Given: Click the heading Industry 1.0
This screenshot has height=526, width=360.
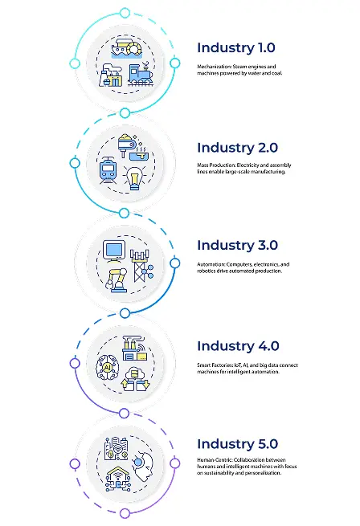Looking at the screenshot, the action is (236, 48).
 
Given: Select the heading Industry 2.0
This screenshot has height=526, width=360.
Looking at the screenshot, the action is (237, 149).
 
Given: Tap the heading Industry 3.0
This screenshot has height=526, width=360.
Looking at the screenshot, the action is (237, 246).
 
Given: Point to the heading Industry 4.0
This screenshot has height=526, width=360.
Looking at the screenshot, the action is (238, 347).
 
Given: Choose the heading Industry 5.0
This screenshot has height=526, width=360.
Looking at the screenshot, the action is (237, 444).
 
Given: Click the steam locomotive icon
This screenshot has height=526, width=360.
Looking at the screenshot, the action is (141, 74).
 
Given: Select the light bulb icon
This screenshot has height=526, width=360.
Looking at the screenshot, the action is (134, 178).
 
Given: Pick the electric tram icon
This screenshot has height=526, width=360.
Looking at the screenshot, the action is (108, 171).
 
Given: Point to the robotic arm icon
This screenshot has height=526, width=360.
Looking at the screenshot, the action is (117, 280).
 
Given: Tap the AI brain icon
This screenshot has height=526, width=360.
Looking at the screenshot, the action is (108, 368).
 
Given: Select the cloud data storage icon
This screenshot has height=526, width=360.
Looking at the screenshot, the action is (135, 380).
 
